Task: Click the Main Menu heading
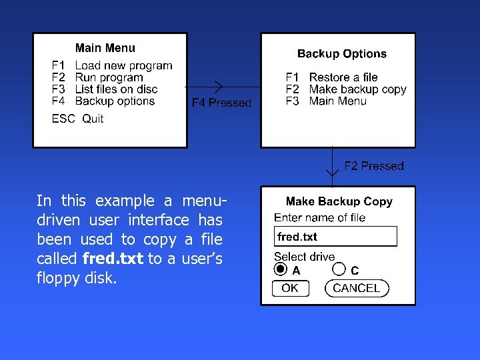pos(105,48)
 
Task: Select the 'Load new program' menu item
pos(123,66)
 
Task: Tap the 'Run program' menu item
pos(109,78)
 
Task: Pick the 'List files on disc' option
pos(116,89)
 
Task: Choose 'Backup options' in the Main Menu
pos(115,101)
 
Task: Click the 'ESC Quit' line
pos(78,119)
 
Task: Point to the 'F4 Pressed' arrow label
pos(221,103)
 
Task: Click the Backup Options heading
pos(341,54)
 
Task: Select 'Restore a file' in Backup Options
pos(343,77)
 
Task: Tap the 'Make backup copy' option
pos(357,89)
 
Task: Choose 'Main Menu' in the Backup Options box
pos(337,101)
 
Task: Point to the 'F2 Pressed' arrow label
pos(374,166)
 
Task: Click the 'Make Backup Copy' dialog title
pos(339,201)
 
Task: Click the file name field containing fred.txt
pos(335,237)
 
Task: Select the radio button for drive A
pos(281,269)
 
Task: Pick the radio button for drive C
pos(339,269)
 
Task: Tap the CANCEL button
pos(357,288)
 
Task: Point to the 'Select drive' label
pos(304,257)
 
